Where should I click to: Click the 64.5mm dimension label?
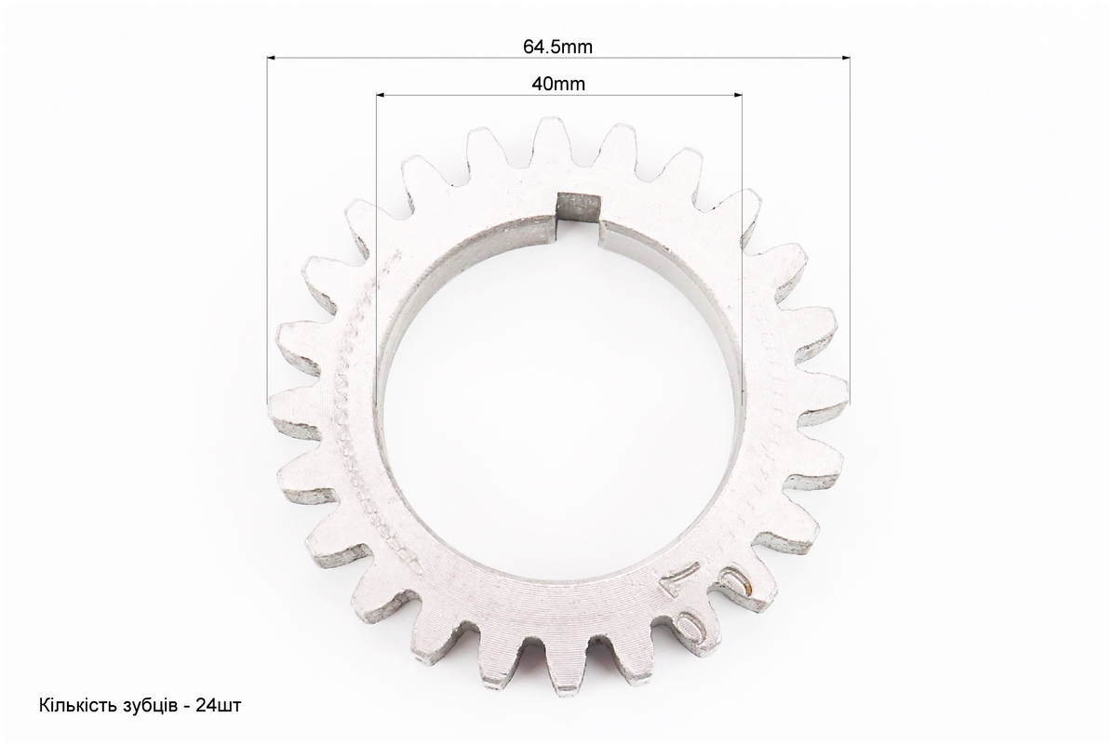point(557,46)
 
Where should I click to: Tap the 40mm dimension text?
point(558,84)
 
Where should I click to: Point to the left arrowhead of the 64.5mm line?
point(273,58)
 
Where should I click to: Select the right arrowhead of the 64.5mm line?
point(845,58)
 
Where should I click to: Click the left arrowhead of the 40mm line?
point(382,94)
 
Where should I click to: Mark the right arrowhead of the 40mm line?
point(737,94)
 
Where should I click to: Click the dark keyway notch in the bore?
point(580,206)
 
